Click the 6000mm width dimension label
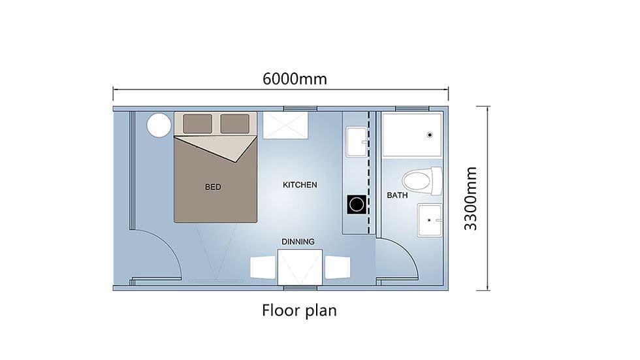pos(295,79)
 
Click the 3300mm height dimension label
pos(471,199)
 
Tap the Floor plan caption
pos(299,310)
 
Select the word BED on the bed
pos(213,187)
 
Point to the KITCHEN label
pos(300,185)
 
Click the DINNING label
pos(298,242)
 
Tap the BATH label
pos(397,195)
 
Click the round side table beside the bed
pos(159,125)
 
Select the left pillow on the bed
pos(197,123)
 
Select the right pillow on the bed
pos(235,123)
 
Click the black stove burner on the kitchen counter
pos(357,205)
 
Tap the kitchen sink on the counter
pos(357,142)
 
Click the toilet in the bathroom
pos(422,181)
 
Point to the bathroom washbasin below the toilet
pos(430,220)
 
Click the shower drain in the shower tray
pos(430,135)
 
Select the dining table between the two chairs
pos(300,267)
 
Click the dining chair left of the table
pos(263,268)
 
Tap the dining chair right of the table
pos(337,268)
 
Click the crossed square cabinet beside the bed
pos(285,125)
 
